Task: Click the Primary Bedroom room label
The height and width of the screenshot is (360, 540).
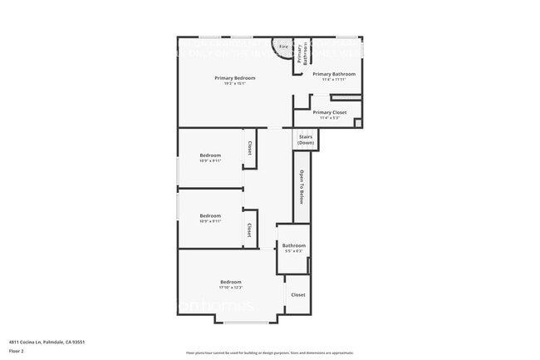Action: click(x=234, y=78)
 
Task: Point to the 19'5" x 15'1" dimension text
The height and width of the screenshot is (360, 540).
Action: click(x=234, y=83)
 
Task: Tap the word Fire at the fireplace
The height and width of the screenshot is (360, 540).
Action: click(x=282, y=47)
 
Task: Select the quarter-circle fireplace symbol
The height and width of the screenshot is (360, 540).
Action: click(x=281, y=46)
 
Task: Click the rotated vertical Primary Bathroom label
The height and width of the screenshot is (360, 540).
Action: click(x=304, y=54)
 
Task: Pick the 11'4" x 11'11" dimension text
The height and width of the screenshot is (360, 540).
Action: click(x=333, y=79)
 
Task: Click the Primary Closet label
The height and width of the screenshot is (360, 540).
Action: click(x=330, y=112)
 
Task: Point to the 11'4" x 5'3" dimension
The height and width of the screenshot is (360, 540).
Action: click(x=330, y=117)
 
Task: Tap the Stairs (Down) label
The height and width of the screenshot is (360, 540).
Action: click(x=306, y=140)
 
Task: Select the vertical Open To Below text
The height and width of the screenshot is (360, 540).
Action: click(x=302, y=187)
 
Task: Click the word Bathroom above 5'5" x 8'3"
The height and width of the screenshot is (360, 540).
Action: click(x=293, y=245)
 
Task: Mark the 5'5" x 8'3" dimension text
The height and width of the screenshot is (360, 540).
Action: click(x=293, y=250)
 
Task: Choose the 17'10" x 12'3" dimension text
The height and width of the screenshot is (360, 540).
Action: click(x=230, y=288)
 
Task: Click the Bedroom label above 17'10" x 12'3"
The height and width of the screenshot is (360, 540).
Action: click(x=230, y=283)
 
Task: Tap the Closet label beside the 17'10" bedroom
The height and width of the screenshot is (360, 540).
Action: click(x=297, y=294)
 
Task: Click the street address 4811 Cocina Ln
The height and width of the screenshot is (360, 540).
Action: click(x=26, y=342)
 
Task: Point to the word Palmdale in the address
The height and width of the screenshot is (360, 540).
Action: click(x=55, y=342)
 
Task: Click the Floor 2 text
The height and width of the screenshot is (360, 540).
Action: click(x=16, y=351)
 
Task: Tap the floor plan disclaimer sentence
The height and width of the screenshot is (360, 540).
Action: click(x=269, y=353)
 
